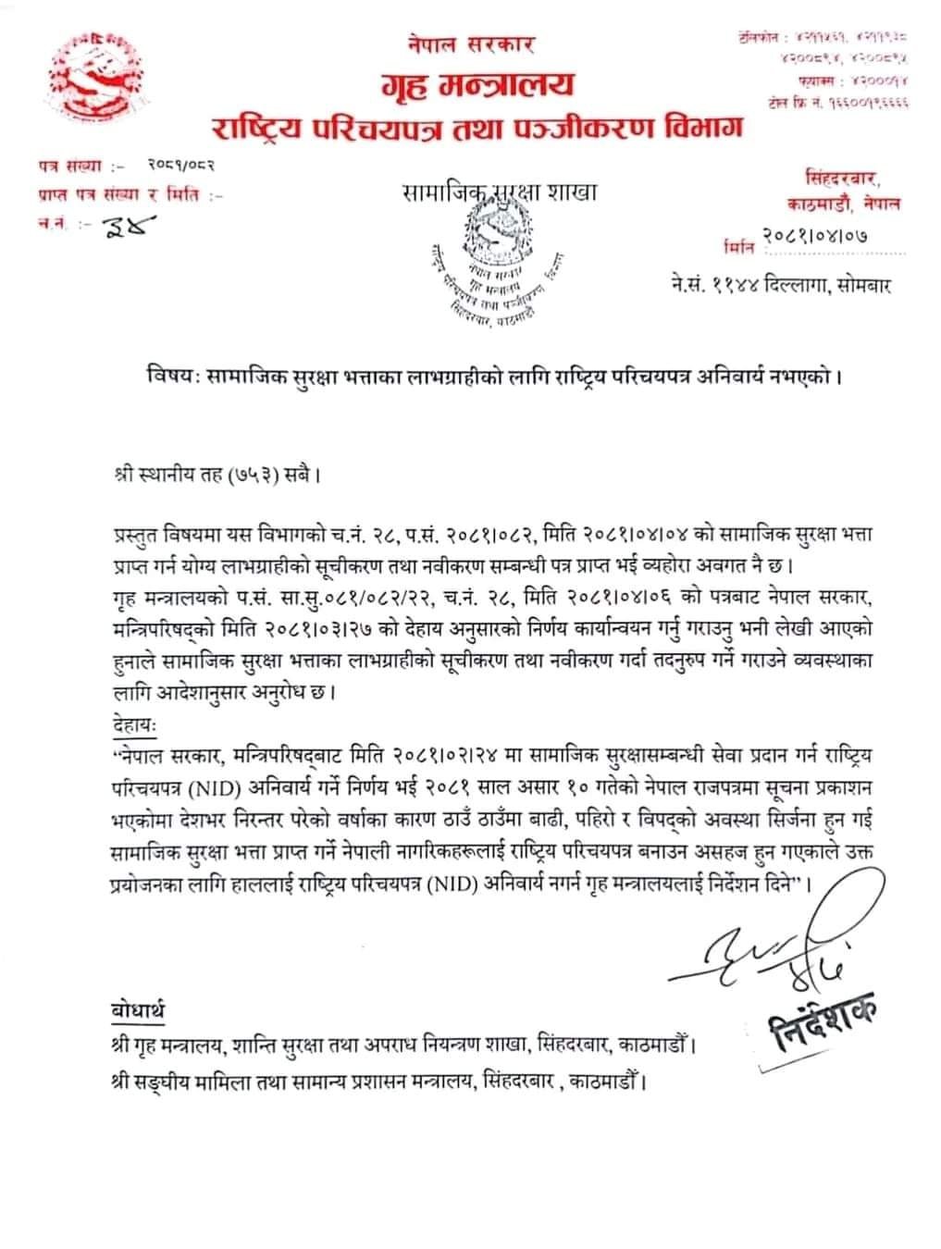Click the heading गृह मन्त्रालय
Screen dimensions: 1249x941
tap(477, 86)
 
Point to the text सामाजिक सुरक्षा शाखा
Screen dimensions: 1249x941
tap(500, 192)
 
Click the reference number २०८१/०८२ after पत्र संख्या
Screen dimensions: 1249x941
tap(181, 167)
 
